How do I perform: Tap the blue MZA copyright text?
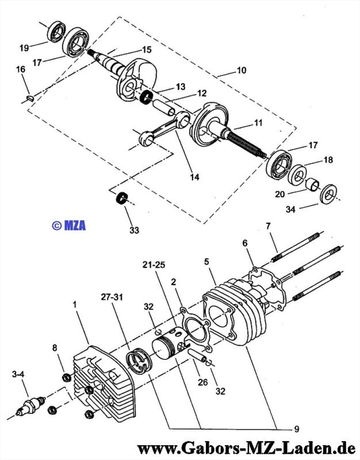click(68, 225)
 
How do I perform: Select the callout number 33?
click(134, 231)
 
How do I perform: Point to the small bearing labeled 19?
click(56, 32)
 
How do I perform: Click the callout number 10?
click(241, 70)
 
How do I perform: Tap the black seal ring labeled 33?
click(122, 198)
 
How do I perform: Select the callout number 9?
click(296, 429)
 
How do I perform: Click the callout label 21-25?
click(154, 265)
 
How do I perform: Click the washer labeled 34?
click(328, 194)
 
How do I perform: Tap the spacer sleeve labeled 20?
click(313, 184)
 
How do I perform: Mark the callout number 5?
click(207, 262)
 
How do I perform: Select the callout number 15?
click(147, 49)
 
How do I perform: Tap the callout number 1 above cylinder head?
click(75, 305)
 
